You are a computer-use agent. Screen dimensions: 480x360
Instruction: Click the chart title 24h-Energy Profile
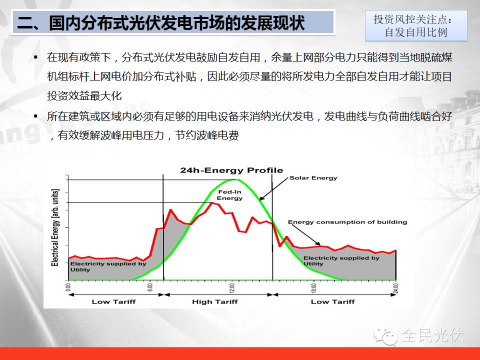[231, 170]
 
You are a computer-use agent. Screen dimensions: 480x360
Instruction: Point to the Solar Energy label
[313, 178]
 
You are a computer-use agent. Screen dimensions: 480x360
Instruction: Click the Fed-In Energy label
[229, 195]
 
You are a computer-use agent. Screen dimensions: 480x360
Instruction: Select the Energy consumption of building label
[347, 222]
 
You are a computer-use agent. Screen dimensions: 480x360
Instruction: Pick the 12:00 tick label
[231, 288]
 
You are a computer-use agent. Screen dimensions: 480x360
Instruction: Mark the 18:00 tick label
[314, 288]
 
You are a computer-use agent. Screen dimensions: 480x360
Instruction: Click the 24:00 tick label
[395, 288]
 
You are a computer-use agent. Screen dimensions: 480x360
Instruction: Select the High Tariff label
[215, 302]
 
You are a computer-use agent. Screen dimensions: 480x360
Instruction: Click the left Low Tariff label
[113, 302]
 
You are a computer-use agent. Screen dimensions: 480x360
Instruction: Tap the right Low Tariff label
[333, 302]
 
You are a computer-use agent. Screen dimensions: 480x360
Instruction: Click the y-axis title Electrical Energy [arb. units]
[55, 228]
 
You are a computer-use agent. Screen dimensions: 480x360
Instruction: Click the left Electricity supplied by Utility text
[108, 266]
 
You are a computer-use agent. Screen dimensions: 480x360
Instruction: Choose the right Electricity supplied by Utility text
[341, 261]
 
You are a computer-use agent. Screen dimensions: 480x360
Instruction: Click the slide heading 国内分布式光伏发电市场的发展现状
[176, 22]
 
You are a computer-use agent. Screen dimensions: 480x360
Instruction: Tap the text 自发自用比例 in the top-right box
[416, 32]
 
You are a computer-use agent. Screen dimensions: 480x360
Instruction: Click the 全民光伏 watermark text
[432, 335]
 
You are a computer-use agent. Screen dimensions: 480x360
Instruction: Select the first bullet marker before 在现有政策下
[36, 57]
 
